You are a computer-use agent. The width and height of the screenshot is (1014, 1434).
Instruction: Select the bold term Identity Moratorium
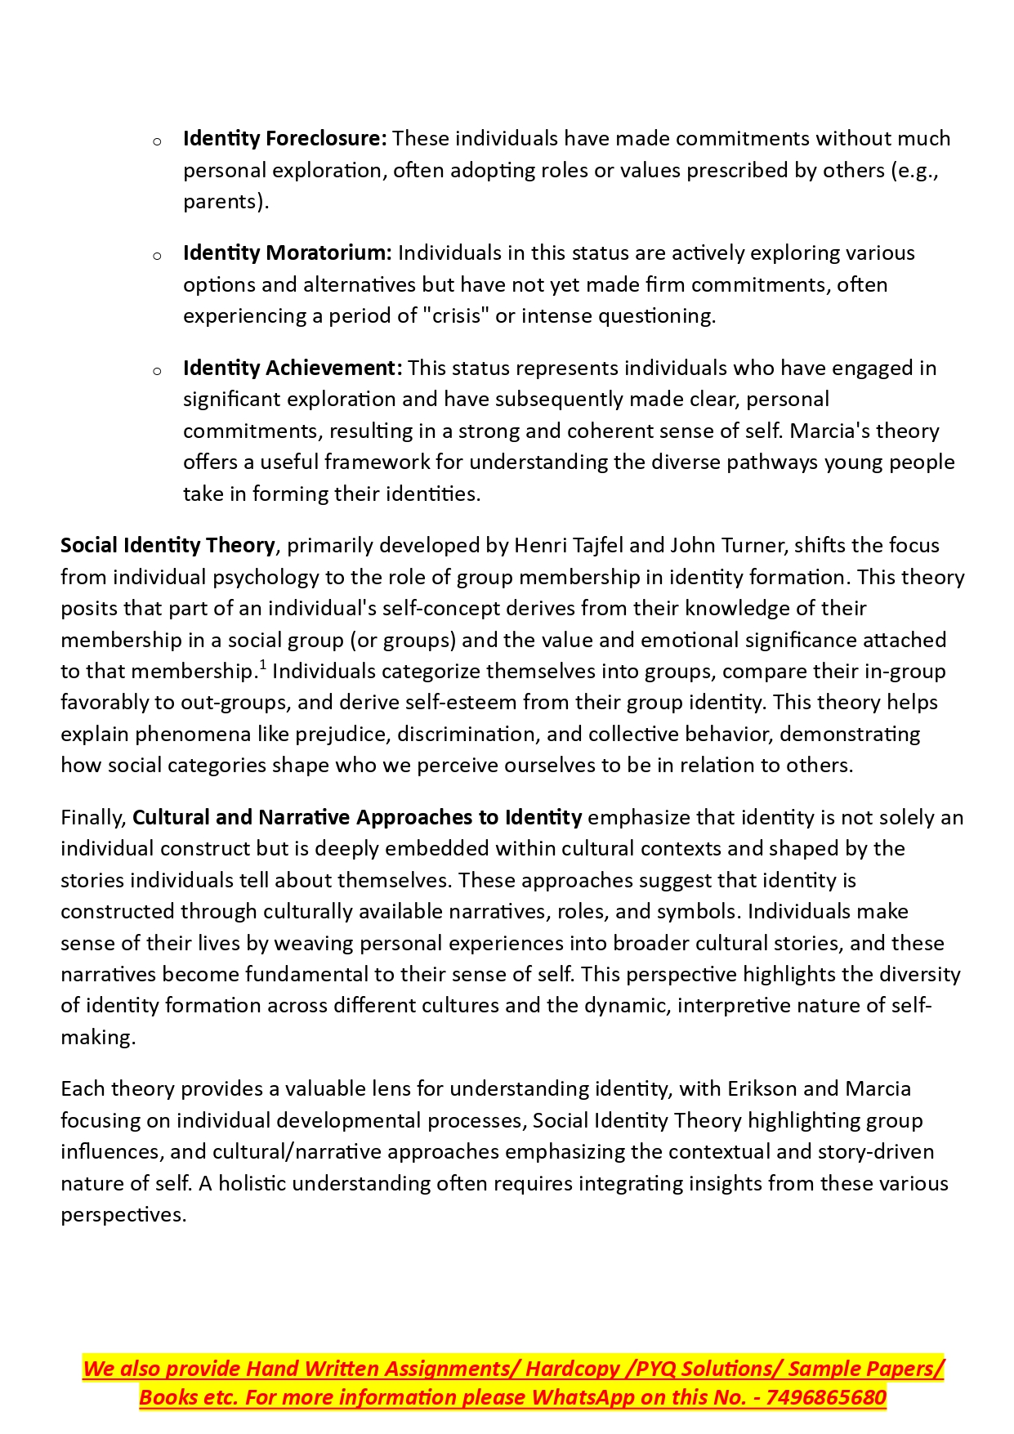(x=288, y=253)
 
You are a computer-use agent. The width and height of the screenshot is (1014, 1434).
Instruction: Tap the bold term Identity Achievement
(x=293, y=369)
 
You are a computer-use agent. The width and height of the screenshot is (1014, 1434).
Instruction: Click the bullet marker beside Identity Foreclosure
(x=157, y=141)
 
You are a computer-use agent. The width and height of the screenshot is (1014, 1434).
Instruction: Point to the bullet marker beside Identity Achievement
(x=157, y=371)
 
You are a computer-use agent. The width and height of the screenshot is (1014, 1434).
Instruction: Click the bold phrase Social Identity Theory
(x=168, y=546)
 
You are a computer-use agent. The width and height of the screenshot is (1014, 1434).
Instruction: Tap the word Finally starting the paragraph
(x=93, y=818)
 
